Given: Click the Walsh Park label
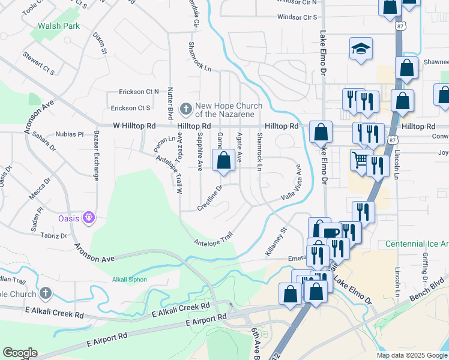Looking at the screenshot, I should tap(58, 26).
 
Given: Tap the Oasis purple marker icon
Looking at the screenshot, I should tap(89, 217).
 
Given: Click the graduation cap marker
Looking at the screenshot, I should tap(361, 49).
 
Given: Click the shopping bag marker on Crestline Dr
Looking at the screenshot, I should tap(223, 161).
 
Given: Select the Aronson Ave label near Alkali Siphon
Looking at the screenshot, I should tap(94, 253).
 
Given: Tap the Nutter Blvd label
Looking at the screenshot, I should tap(170, 102).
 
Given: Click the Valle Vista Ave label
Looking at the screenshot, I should tap(290, 188).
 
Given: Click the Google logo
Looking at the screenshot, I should tap(20, 353).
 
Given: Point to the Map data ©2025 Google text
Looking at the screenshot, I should tap(411, 355).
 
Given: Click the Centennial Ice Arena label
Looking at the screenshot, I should tap(417, 244).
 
